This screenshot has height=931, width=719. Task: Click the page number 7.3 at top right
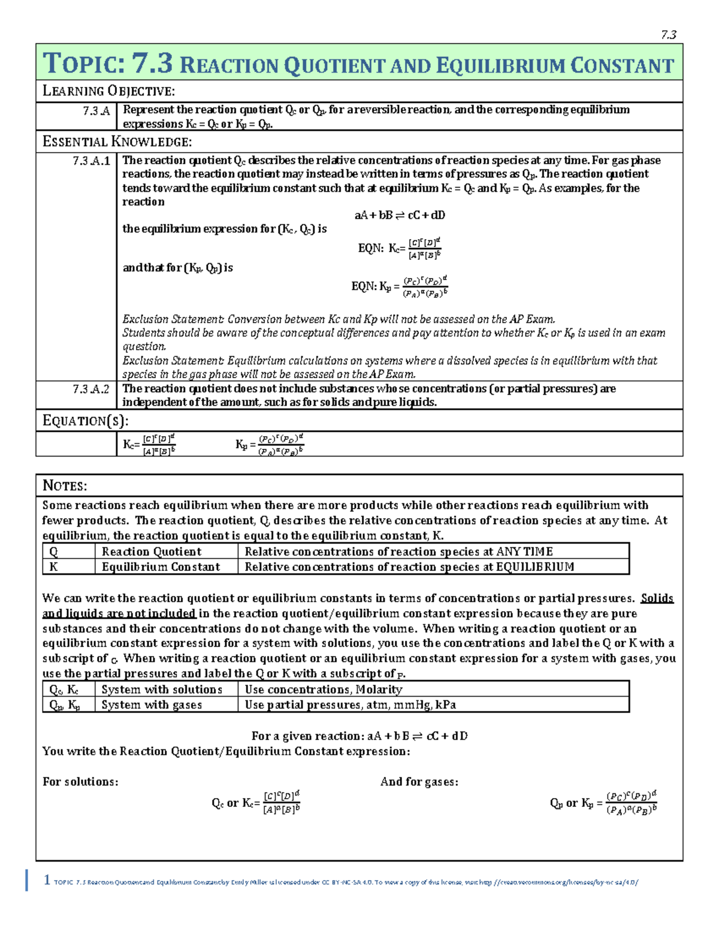click(x=669, y=35)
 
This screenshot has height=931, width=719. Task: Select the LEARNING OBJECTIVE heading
click(x=108, y=91)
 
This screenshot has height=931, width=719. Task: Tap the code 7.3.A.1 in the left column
click(x=91, y=161)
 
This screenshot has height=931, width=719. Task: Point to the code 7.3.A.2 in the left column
click(x=91, y=389)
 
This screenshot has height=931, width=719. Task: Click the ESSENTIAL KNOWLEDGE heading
click(x=117, y=142)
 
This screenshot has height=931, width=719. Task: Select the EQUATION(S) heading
click(x=85, y=421)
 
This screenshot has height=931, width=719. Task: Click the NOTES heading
click(x=65, y=486)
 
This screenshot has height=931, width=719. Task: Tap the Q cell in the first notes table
click(x=54, y=551)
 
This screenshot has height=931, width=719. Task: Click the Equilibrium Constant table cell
click(x=161, y=567)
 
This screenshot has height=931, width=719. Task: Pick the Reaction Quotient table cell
click(x=151, y=551)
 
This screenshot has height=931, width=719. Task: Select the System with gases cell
click(x=152, y=705)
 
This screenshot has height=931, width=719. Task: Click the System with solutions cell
click(x=162, y=690)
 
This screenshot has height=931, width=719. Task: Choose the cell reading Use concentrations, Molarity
click(x=324, y=690)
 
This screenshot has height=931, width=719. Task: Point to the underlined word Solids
click(x=657, y=598)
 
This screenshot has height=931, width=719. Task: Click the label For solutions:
click(x=80, y=782)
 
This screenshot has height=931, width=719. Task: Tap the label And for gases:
click(x=419, y=782)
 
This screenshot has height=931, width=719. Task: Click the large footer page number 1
click(x=47, y=879)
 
